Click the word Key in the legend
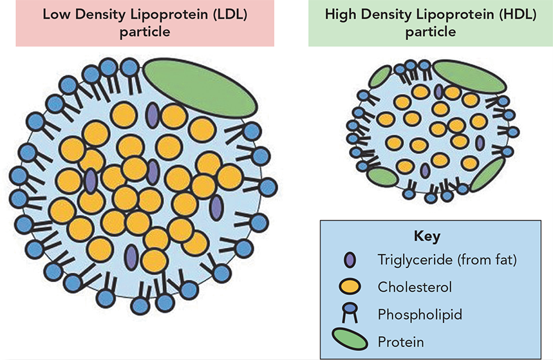pos(427,236)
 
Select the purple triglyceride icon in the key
pos(350,260)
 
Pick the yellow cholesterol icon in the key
pos(350,287)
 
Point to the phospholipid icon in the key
pos(350,313)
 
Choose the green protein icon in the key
pos(350,339)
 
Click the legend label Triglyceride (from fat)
pos(447,260)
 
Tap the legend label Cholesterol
pos(415,287)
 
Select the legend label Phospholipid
pos(420,314)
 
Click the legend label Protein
pos(400,342)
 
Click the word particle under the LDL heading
pos(145,32)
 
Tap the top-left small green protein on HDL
pos(380,77)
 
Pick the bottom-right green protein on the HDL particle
pos(488,175)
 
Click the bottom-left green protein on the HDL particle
pos(382,177)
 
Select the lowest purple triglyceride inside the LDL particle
pos(131,258)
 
